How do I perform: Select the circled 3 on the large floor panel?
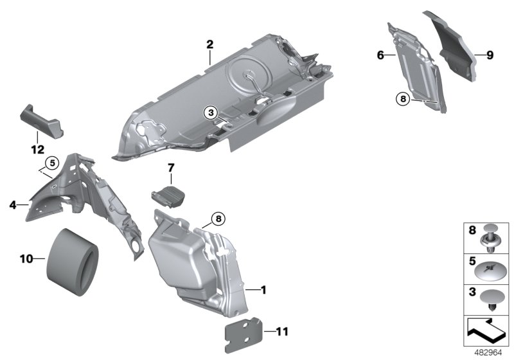coord(210,112)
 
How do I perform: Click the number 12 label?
coord(37,150)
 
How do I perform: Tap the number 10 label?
coord(26,259)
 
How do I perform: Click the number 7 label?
coord(171,168)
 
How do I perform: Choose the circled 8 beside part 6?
coord(403,99)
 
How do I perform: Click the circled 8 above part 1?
coord(218,219)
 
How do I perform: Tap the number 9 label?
coord(489,55)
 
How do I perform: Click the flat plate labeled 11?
coord(245,333)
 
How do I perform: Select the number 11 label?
coord(283,332)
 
